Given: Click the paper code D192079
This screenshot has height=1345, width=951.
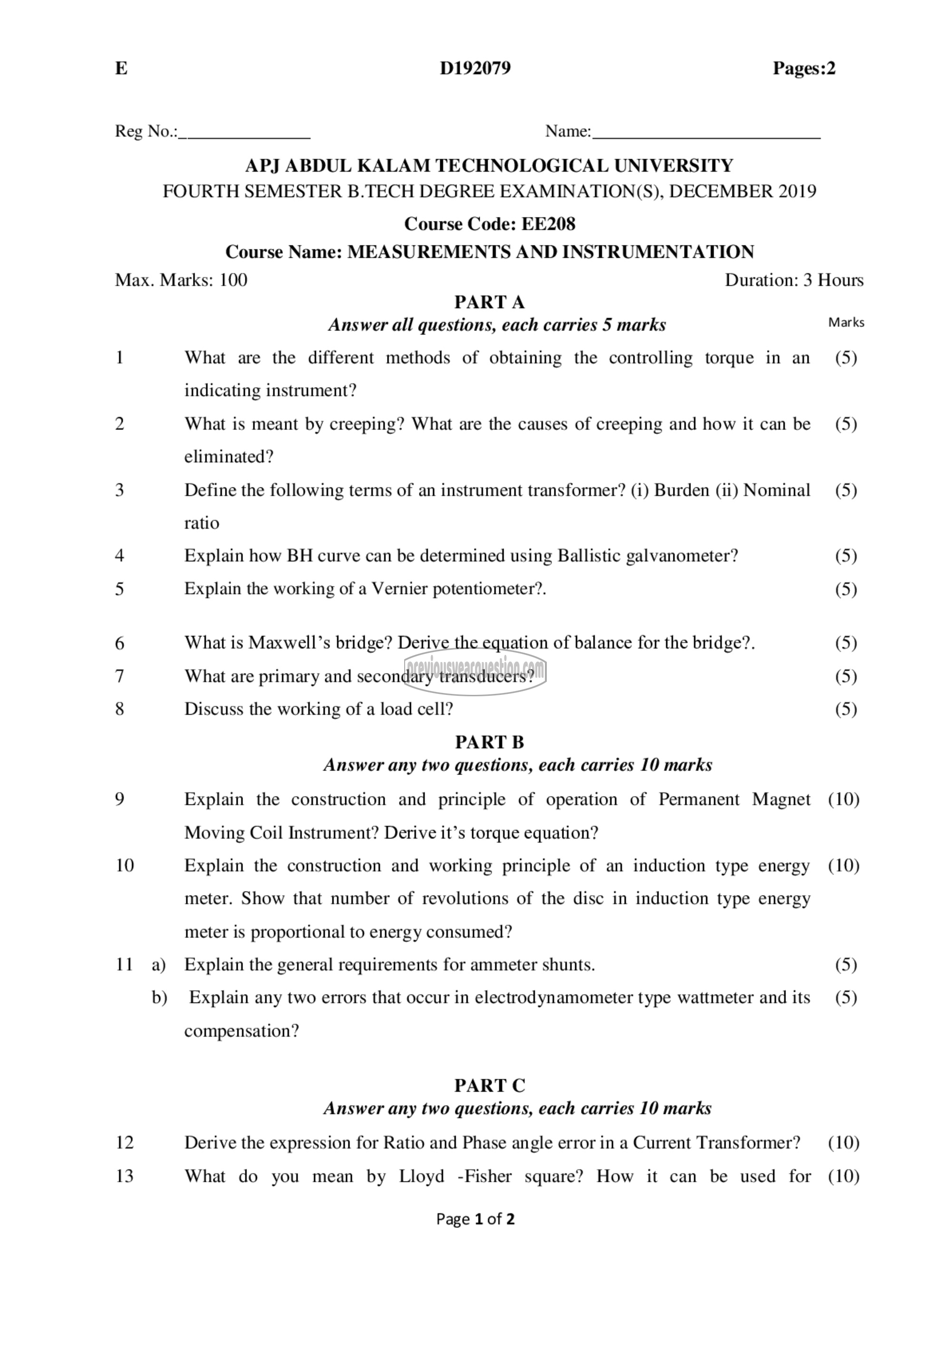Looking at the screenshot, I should click(475, 68).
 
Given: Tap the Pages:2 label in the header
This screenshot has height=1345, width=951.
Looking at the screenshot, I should click(804, 68).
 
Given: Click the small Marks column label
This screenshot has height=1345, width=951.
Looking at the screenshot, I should click(845, 322).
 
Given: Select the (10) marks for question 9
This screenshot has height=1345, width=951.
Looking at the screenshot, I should click(843, 799).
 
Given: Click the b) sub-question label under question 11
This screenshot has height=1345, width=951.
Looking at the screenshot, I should click(159, 998).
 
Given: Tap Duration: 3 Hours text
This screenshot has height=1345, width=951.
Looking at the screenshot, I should click(794, 280).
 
